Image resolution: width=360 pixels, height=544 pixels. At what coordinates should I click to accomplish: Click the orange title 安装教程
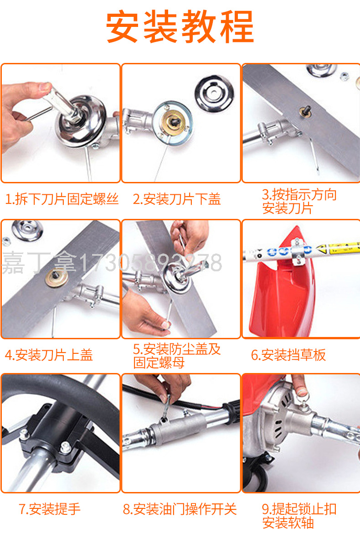(180, 27)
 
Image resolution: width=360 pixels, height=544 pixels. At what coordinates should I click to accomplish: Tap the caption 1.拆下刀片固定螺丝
(62, 199)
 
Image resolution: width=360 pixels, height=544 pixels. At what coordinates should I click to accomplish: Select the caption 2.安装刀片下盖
(176, 199)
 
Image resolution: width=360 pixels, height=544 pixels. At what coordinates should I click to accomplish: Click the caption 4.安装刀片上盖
(49, 355)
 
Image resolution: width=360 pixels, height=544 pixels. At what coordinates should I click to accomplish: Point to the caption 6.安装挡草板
(288, 355)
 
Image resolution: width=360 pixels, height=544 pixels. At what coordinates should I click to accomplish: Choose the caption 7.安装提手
(50, 509)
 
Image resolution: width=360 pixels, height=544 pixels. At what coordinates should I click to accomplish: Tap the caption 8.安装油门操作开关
(180, 509)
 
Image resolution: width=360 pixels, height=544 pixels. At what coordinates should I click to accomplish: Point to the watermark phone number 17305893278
(150, 263)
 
